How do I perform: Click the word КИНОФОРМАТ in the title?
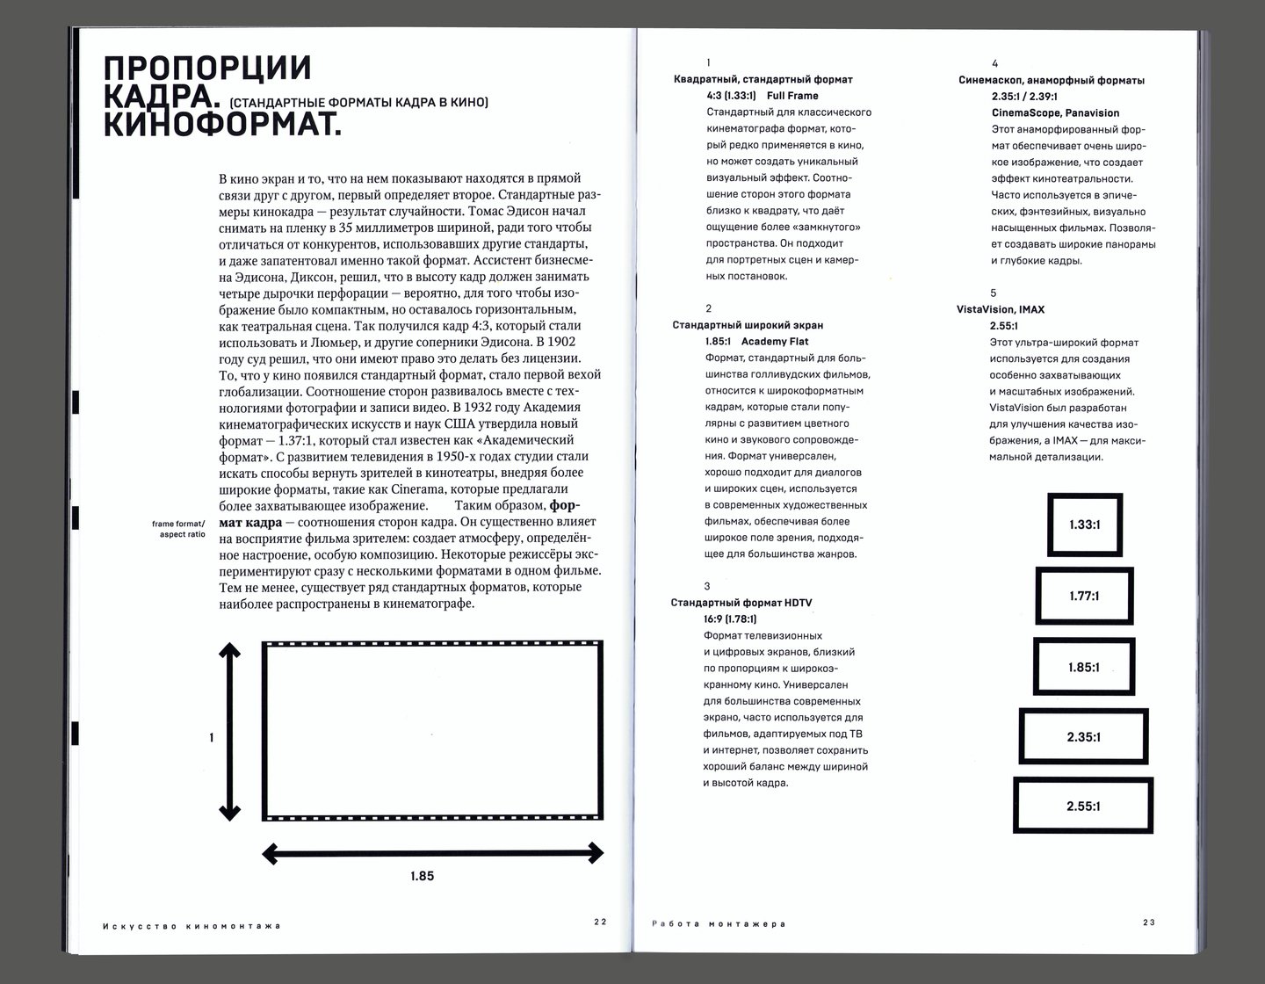[221, 124]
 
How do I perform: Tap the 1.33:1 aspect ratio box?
[1085, 525]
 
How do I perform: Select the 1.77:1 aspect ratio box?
[1084, 596]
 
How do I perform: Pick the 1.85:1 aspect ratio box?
[1084, 667]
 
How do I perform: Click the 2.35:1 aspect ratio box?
[1084, 737]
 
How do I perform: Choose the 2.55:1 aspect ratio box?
[1083, 806]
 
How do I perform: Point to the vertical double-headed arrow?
[229, 731]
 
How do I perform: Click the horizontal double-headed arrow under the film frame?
[433, 851]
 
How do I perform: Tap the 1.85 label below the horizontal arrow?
[422, 876]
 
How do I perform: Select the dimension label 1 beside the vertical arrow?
[212, 738]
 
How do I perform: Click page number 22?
[600, 922]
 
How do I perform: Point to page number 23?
[1149, 922]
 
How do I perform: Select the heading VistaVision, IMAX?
[1001, 309]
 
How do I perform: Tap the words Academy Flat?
[775, 341]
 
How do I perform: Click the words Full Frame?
[792, 96]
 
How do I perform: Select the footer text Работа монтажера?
[718, 923]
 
